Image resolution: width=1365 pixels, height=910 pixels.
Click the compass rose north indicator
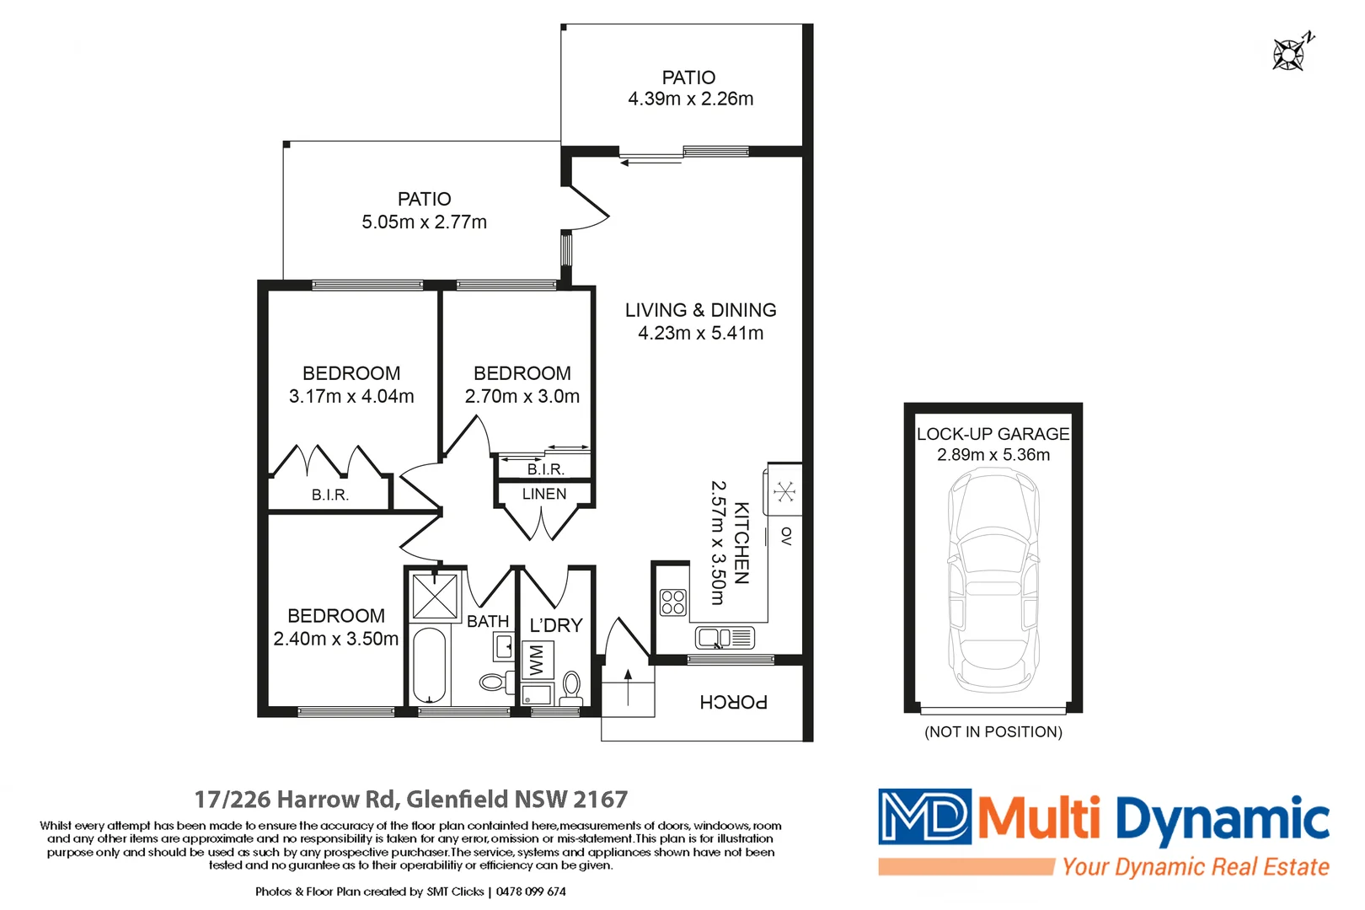[1290, 53]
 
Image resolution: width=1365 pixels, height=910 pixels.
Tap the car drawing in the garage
[993, 581]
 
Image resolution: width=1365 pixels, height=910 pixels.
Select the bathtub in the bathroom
[429, 665]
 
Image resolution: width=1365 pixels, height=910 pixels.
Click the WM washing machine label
[537, 661]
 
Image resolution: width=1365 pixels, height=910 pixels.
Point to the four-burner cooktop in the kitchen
[673, 602]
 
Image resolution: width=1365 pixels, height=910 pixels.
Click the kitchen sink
[725, 638]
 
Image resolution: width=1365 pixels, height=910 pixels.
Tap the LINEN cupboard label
[544, 494]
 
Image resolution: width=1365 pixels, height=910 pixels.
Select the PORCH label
[733, 702]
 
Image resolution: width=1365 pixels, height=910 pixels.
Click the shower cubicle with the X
[435, 596]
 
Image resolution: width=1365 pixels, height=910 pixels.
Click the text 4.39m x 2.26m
[690, 99]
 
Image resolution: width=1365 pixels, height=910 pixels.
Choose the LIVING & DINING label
[700, 310]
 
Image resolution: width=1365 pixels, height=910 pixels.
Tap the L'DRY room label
[556, 625]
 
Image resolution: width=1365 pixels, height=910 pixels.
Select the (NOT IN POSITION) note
[993, 731]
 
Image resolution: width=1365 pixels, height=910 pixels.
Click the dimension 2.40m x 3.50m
[335, 639]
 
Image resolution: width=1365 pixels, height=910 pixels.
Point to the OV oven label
[786, 536]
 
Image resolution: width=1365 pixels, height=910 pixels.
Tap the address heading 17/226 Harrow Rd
[410, 799]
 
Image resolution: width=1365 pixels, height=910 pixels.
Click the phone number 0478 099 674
[531, 891]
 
